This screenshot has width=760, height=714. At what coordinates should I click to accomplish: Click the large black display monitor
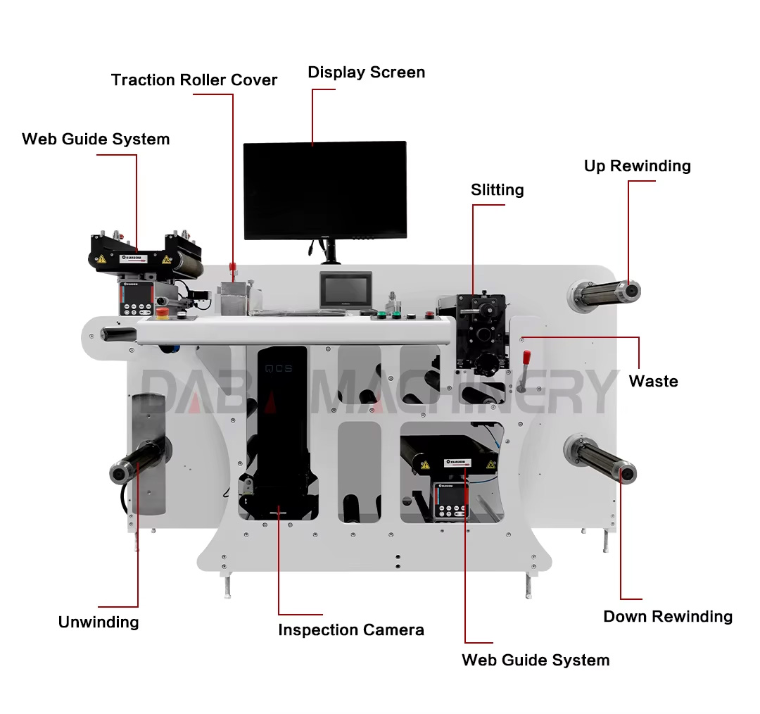(324, 189)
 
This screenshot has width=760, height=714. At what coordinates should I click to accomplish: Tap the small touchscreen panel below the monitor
(345, 289)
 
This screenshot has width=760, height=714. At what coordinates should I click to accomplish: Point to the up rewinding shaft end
(632, 289)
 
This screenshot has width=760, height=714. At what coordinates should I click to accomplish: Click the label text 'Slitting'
(498, 190)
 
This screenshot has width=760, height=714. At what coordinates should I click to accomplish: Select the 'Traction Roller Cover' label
(194, 80)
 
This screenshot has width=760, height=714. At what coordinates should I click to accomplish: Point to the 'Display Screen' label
(366, 73)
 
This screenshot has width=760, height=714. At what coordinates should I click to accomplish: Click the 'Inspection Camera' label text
(350, 630)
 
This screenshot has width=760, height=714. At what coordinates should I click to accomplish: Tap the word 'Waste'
(653, 382)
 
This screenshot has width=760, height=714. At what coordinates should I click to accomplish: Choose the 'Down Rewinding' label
(667, 617)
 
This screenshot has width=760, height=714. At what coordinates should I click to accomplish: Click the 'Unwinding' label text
(99, 622)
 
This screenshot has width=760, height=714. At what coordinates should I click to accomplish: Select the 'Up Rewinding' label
(637, 166)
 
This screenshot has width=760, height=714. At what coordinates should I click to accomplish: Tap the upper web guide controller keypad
(136, 299)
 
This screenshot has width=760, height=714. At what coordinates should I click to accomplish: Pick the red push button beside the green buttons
(429, 314)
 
